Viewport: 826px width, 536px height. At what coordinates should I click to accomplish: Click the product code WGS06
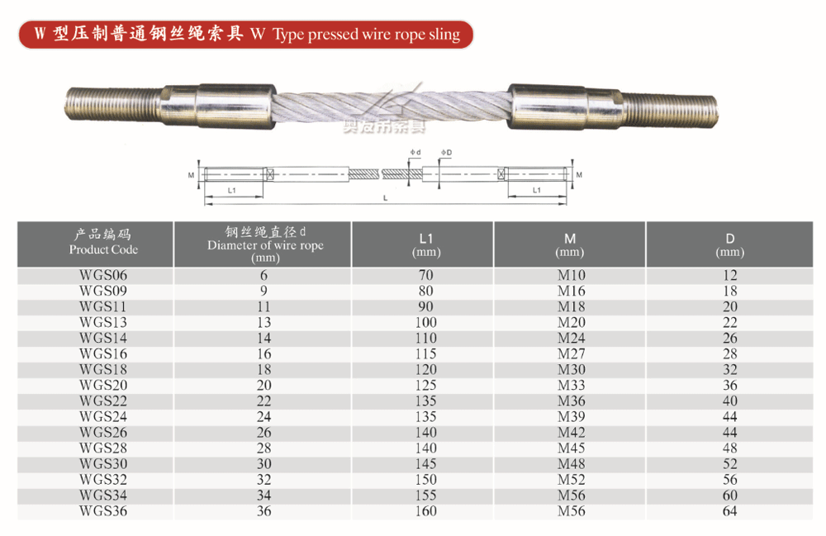[x=103, y=275]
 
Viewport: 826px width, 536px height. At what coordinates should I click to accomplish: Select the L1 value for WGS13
[x=425, y=322]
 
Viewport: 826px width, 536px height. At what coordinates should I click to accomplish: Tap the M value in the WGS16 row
[x=571, y=353]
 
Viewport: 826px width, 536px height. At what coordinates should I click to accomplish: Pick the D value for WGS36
[x=729, y=510]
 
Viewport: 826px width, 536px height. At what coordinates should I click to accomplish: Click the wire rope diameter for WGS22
[x=264, y=401]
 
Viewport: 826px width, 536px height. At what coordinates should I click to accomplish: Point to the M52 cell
[x=571, y=480]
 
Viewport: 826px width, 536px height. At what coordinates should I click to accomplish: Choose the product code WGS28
[x=103, y=448]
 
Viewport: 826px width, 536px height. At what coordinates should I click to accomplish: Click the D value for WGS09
[x=729, y=292]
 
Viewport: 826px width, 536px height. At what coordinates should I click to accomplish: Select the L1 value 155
[x=425, y=496]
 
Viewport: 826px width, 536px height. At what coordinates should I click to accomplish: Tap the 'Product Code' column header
[x=103, y=249]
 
